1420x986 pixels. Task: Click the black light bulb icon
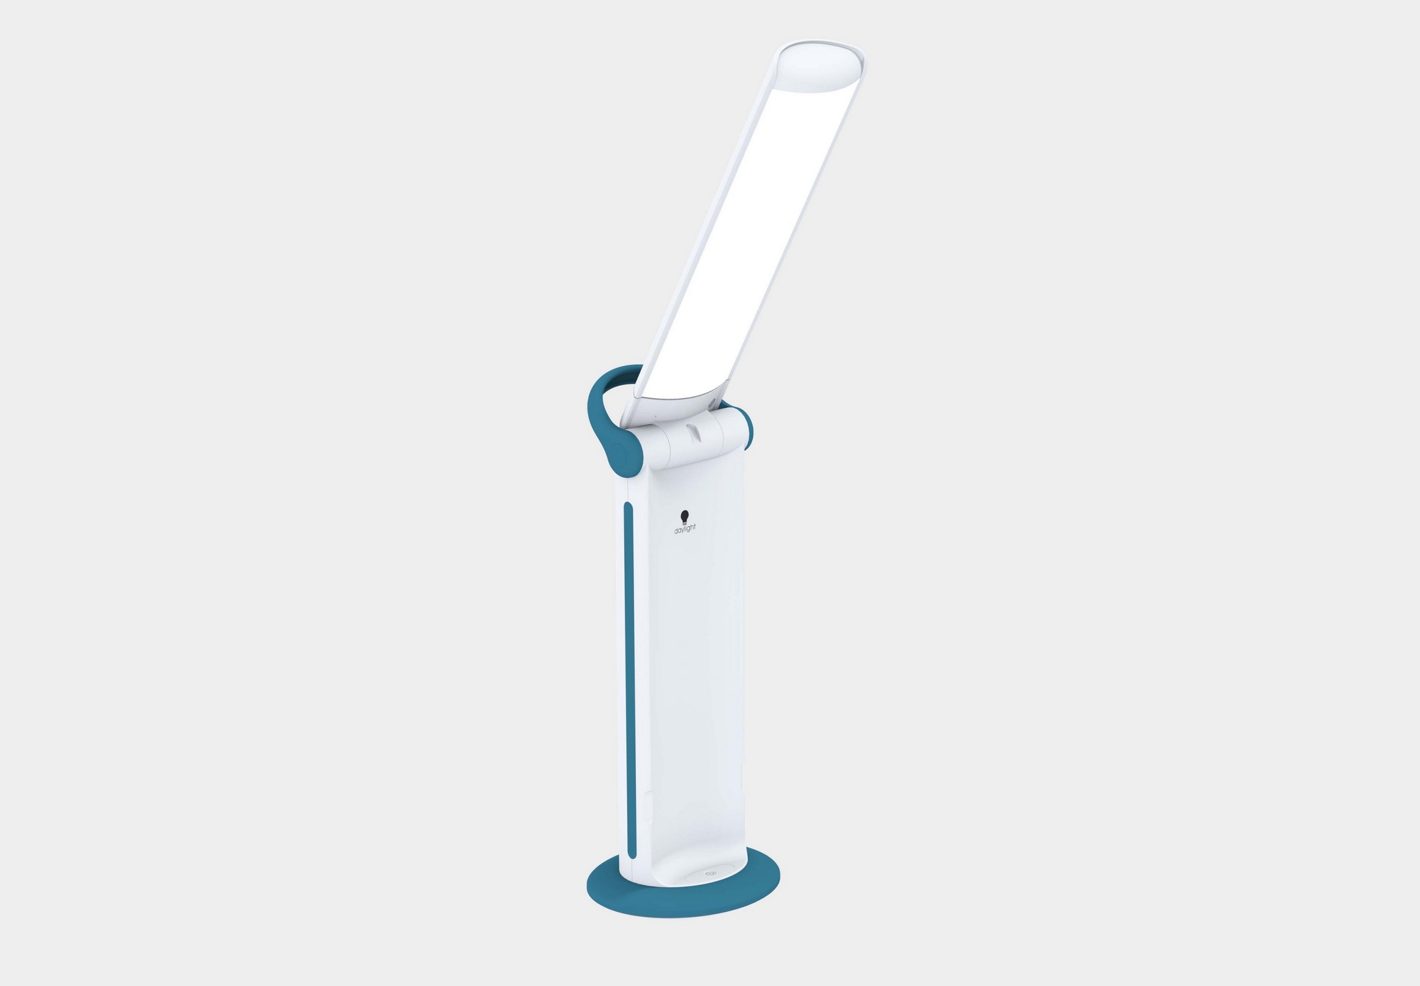click(684, 517)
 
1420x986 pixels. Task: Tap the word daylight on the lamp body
click(685, 529)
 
